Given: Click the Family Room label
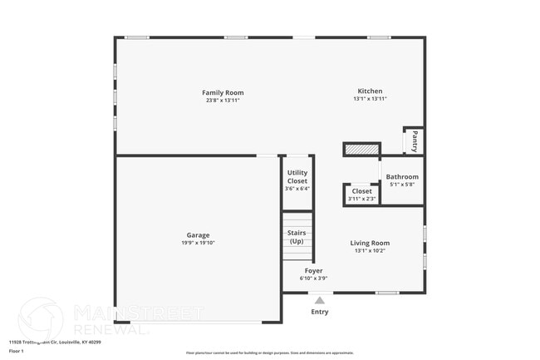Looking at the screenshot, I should (x=223, y=92).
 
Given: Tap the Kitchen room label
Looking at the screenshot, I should (x=370, y=91).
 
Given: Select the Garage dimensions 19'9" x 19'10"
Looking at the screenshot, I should (x=198, y=243).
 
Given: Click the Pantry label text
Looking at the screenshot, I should (x=414, y=141).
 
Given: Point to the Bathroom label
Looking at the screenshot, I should (x=402, y=176).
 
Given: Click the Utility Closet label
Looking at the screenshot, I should (x=297, y=176).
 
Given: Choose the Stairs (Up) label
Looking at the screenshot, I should (x=297, y=237).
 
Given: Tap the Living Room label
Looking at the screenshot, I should (x=370, y=243).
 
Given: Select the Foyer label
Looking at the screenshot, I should (x=313, y=271).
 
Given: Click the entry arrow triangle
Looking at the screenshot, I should (x=319, y=300).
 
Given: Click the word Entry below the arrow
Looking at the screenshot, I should (x=319, y=312).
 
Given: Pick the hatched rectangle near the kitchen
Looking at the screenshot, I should (x=361, y=150).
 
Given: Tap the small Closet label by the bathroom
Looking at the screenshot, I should (x=361, y=191).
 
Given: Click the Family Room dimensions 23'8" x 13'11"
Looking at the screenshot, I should (x=223, y=100).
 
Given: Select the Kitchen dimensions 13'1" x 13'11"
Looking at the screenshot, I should (x=370, y=99).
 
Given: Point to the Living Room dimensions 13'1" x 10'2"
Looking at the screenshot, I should (x=370, y=250).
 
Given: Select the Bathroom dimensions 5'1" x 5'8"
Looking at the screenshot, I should (x=402, y=185).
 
